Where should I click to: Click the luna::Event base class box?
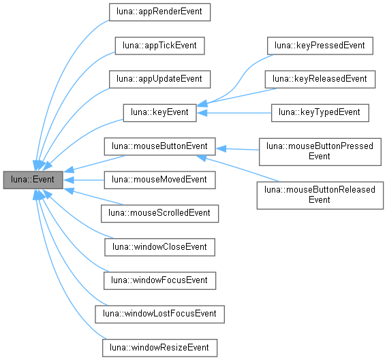33,180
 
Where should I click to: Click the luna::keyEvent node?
159,112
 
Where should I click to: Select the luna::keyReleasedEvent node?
320,79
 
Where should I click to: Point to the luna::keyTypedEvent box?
320,112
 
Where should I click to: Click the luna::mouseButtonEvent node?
159,146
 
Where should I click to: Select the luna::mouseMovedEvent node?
159,180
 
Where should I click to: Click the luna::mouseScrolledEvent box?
159,213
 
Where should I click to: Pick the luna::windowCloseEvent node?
159,246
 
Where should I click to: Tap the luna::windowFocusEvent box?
159,280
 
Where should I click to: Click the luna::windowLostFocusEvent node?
159,313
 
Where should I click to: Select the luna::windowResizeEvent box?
159,346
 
